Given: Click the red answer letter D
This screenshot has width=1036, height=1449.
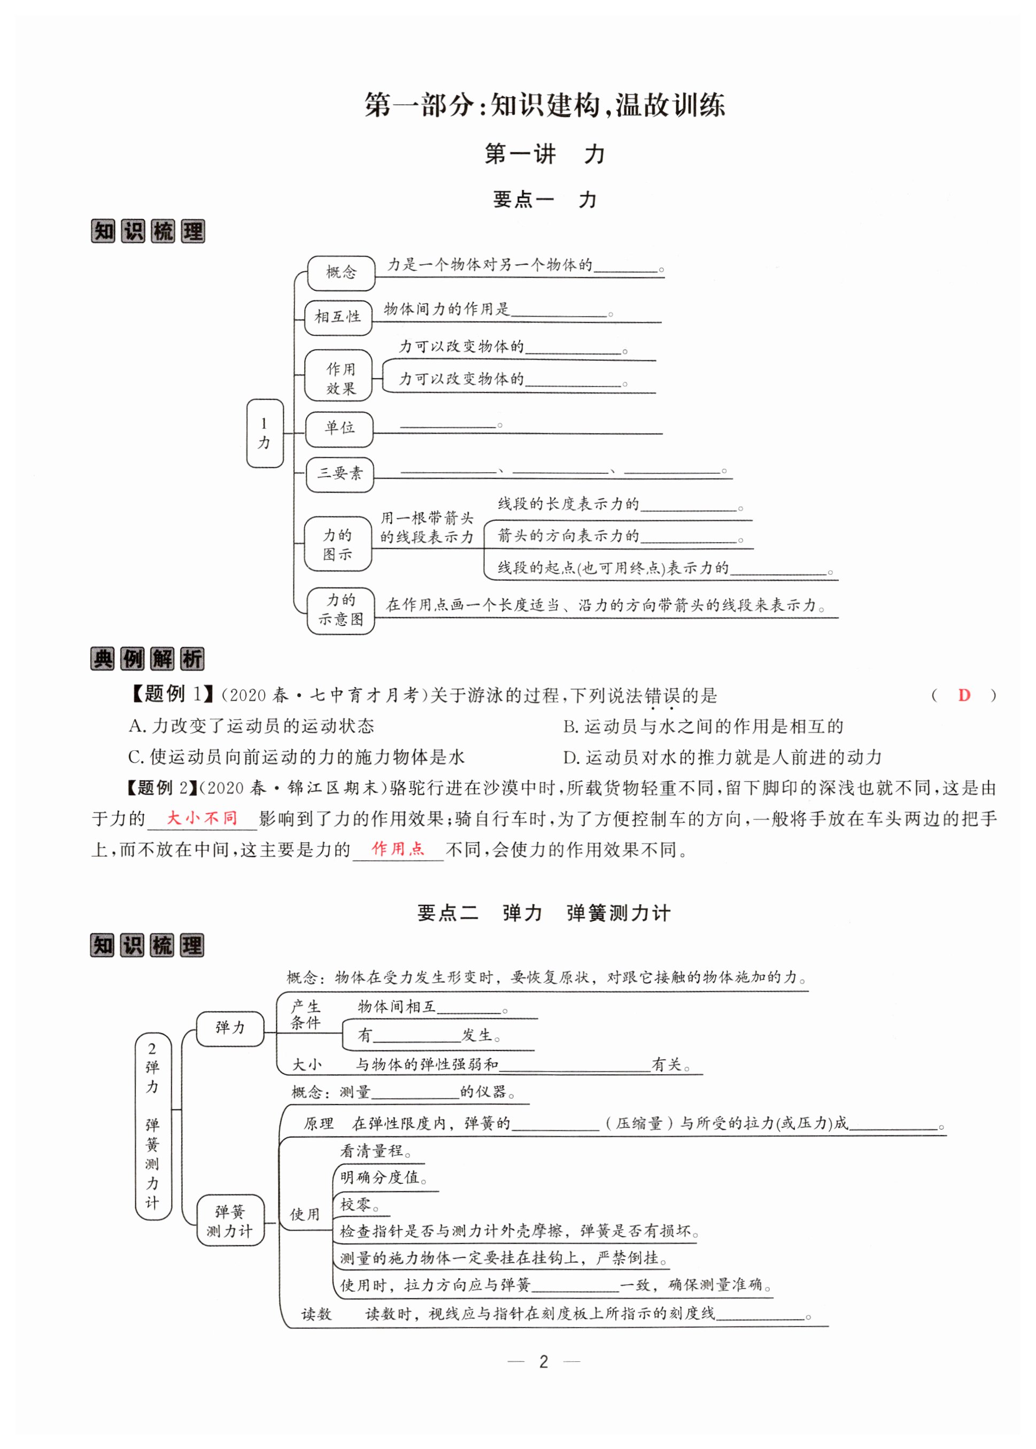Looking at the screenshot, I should (963, 696).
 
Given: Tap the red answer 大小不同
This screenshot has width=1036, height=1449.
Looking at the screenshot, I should (202, 818).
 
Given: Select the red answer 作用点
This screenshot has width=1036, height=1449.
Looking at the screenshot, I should (397, 849).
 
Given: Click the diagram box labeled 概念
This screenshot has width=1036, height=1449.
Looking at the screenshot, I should (341, 273).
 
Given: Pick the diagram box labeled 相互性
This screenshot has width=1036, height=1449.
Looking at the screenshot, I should (338, 317).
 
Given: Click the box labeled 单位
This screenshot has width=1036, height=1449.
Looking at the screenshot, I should (339, 428).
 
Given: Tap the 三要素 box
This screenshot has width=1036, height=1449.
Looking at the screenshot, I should (339, 473).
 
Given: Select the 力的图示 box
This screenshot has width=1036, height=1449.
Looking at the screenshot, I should (337, 544).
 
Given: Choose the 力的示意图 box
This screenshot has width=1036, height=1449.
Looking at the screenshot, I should (340, 610).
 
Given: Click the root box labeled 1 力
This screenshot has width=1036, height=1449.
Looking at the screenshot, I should (265, 433).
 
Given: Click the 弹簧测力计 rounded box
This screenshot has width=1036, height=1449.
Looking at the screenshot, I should (230, 1220).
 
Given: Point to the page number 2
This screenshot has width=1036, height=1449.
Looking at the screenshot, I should (544, 1362).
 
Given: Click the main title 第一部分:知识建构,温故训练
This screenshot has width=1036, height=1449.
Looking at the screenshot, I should (544, 105).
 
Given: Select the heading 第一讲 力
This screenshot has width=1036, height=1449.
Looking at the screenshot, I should (544, 154).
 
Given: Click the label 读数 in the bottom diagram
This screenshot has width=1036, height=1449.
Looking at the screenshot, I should (317, 1314).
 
